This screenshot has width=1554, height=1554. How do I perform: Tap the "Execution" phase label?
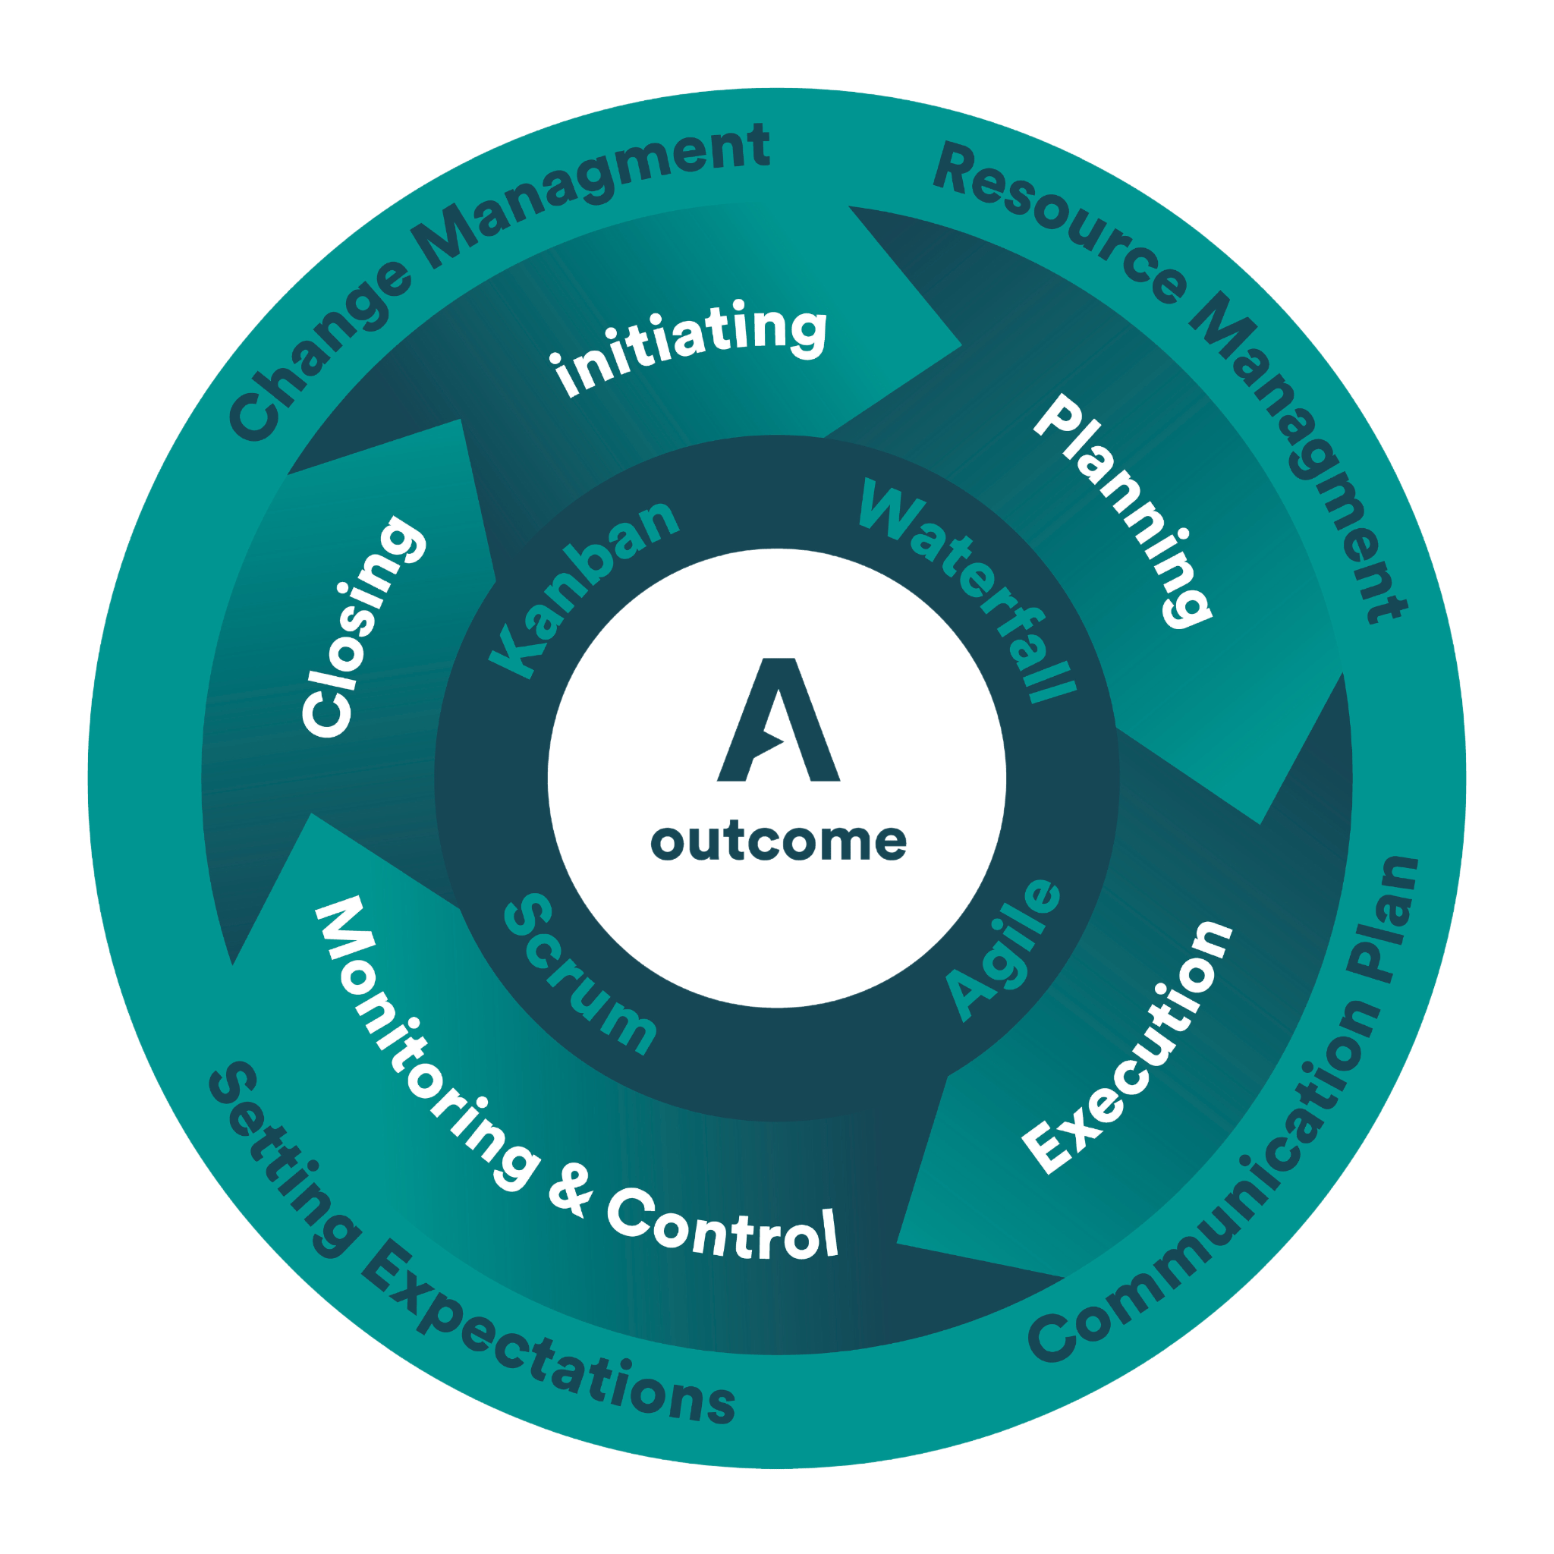point(1126,1046)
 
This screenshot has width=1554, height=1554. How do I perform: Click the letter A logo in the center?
point(778,720)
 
